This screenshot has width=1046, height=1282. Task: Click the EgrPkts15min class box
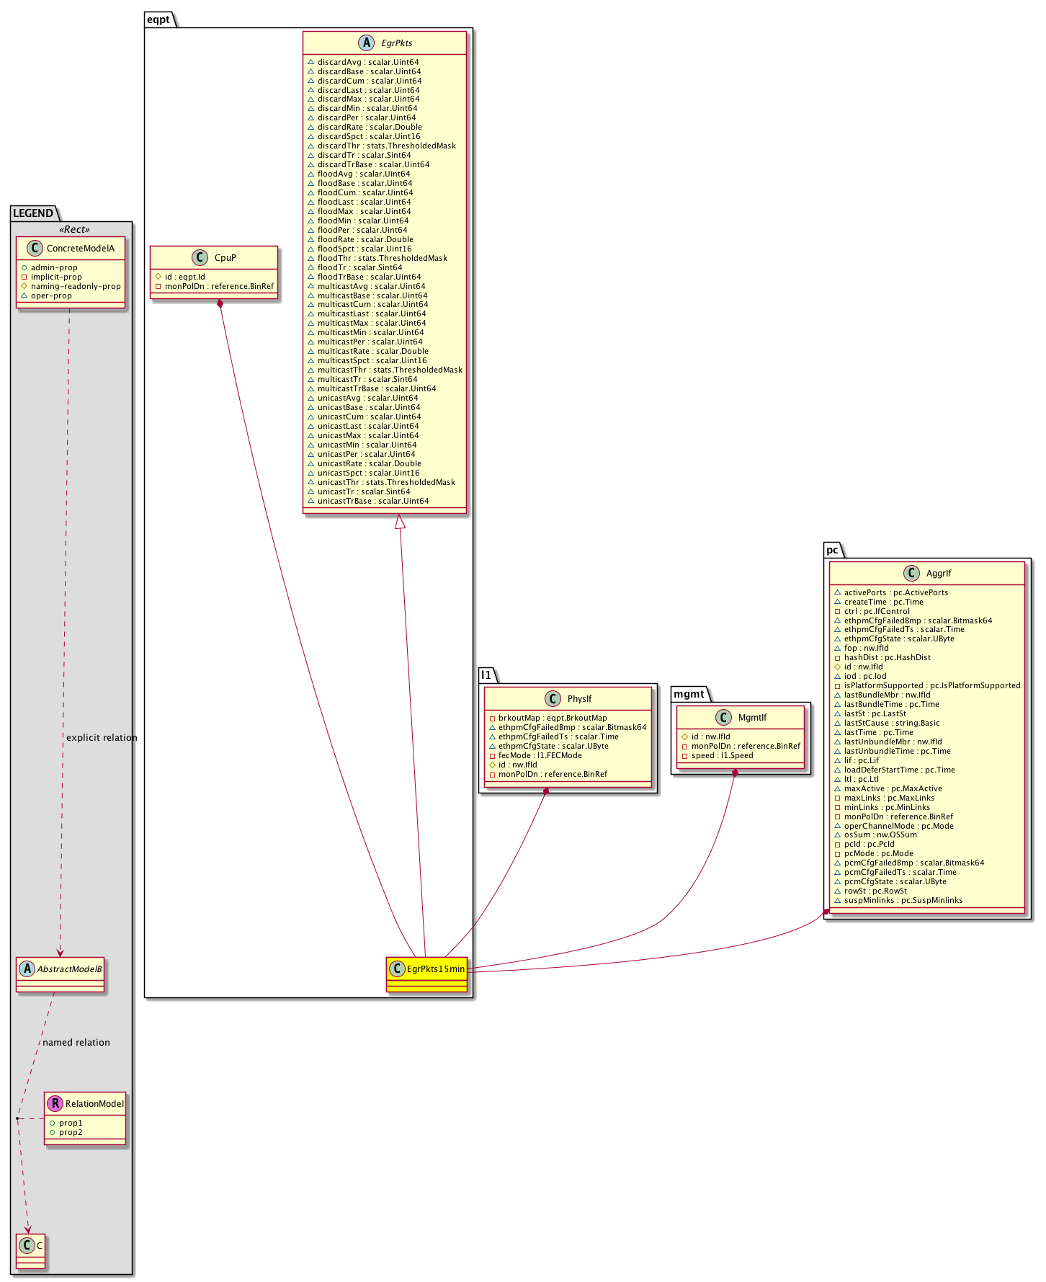[426, 974]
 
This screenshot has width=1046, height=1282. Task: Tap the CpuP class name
[225, 257]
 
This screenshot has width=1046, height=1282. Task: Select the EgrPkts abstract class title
[397, 43]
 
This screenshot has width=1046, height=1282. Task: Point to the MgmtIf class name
[752, 717]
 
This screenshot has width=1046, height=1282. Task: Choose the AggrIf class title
[939, 574]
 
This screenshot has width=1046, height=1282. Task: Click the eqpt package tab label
[158, 19]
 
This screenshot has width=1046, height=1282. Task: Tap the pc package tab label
[832, 550]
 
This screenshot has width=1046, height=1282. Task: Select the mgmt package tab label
[689, 694]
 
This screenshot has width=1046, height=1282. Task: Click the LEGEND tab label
[33, 213]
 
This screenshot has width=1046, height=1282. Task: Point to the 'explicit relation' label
[102, 738]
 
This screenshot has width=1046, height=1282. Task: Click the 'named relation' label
[76, 1043]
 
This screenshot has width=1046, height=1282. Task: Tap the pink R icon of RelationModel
[55, 1103]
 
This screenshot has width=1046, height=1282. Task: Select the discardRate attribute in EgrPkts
[370, 127]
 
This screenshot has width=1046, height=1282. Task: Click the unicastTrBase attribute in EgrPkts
[373, 501]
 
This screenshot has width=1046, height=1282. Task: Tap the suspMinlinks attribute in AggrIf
[903, 900]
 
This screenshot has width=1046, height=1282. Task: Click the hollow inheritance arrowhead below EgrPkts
[400, 521]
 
